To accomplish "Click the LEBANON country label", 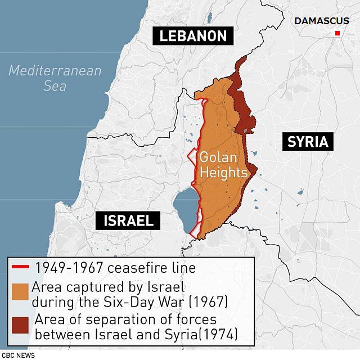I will tap(193, 37).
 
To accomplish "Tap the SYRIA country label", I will tap(307, 141).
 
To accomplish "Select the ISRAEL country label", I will tap(128, 220).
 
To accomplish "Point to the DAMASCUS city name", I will tap(321, 21).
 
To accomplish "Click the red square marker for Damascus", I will tap(337, 34).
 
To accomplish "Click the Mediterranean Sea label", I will tap(55, 78).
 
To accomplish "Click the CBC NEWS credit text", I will tap(18, 355).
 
